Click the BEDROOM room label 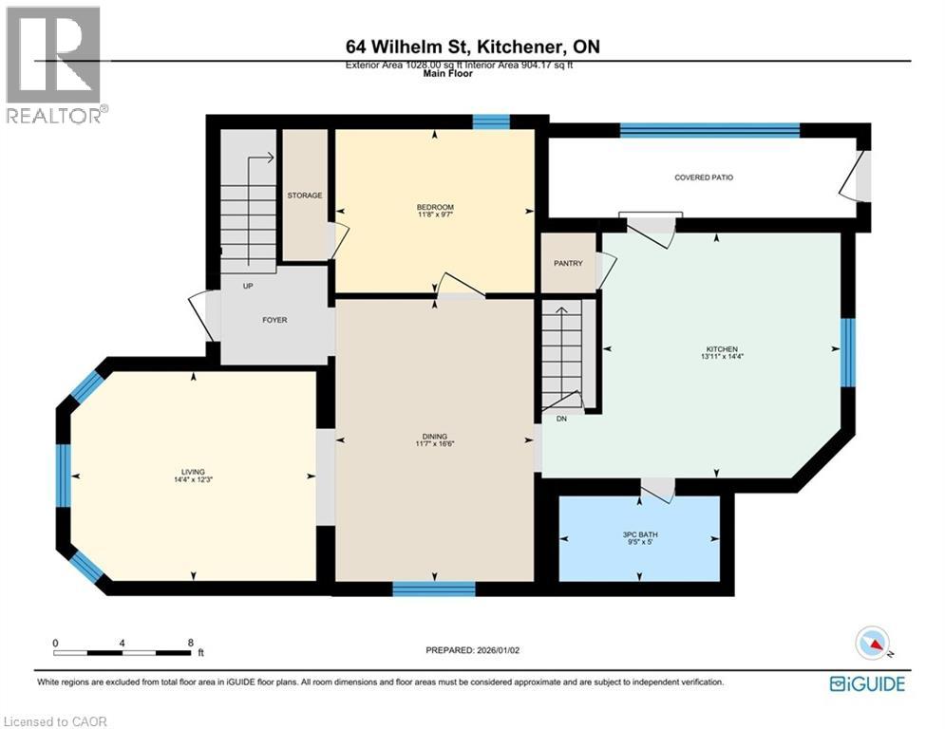(435, 207)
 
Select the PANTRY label (568, 263)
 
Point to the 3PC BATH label (640, 534)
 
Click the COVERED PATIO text (704, 178)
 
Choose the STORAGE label (305, 196)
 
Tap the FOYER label (274, 320)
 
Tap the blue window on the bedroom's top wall (491, 121)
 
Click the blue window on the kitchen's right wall (847, 352)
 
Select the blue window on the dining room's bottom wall (434, 589)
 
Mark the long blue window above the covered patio (709, 130)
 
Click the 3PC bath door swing (657, 490)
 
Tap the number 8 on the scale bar (191, 643)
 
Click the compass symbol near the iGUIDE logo (871, 643)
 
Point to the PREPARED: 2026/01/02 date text (473, 650)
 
